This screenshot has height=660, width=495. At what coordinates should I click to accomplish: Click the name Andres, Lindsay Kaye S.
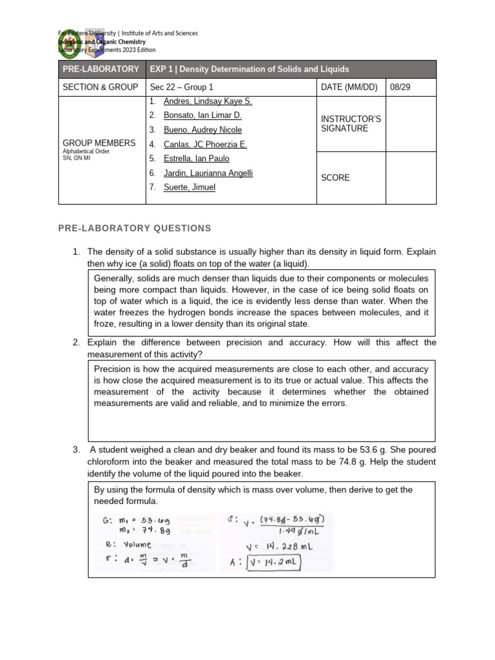(199, 101)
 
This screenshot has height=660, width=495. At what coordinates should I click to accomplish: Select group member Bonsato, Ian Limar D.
(193, 115)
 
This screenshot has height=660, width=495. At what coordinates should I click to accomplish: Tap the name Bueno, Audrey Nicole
(193, 130)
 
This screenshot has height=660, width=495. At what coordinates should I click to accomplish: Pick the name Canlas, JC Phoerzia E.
(196, 144)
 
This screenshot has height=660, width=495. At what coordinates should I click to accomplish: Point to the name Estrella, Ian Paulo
(188, 159)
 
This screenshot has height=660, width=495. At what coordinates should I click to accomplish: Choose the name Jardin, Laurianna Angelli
(199, 173)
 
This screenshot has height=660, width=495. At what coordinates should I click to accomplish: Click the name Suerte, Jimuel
(180, 187)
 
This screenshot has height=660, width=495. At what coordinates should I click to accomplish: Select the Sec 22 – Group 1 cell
(180, 87)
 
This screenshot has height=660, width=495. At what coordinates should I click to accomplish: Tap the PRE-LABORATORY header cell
(101, 69)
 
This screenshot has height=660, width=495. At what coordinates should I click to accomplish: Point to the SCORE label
(335, 178)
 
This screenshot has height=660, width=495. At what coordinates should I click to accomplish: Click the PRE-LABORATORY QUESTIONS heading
(135, 228)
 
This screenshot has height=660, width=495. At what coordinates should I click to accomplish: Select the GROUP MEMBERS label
(99, 143)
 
